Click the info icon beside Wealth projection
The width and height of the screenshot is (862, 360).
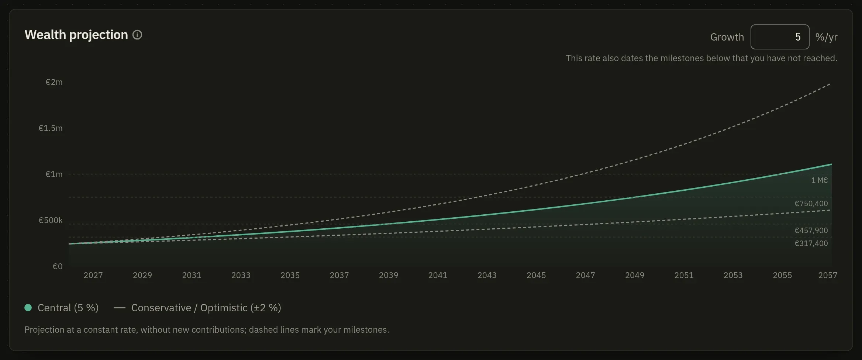pyautogui.click(x=137, y=35)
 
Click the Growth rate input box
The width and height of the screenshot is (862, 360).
pyautogui.click(x=780, y=37)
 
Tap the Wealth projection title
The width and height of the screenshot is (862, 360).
pyautogui.click(x=76, y=35)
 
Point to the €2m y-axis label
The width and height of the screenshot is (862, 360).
pyautogui.click(x=54, y=82)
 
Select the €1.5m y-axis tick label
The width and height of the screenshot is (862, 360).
pyautogui.click(x=51, y=128)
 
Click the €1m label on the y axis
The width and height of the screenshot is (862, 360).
pyautogui.click(x=54, y=174)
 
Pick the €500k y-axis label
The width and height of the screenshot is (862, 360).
pyautogui.click(x=51, y=220)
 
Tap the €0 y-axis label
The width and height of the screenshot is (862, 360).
pyautogui.click(x=58, y=266)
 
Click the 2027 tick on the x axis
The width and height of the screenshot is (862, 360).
pyautogui.click(x=93, y=275)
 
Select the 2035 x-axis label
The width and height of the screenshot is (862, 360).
pyautogui.click(x=290, y=275)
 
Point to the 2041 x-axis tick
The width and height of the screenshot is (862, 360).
pyautogui.click(x=438, y=275)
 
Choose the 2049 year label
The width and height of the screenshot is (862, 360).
pyautogui.click(x=635, y=275)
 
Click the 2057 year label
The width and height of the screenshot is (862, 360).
pyautogui.click(x=828, y=275)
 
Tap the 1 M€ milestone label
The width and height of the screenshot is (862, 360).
pyautogui.click(x=820, y=180)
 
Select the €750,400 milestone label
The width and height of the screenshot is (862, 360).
pyautogui.click(x=811, y=204)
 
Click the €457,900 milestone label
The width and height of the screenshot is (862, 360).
pyautogui.click(x=811, y=231)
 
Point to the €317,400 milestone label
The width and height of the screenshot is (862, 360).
pyautogui.click(x=811, y=243)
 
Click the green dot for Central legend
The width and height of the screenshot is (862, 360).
pyautogui.click(x=28, y=308)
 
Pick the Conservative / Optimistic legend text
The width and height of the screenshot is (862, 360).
pyautogui.click(x=206, y=308)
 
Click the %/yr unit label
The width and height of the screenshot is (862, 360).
pyautogui.click(x=826, y=37)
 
